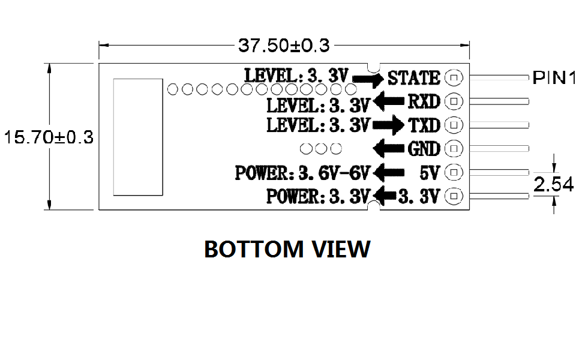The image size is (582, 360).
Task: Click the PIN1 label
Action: [x=554, y=78]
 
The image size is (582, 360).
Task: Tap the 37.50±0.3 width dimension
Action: [x=284, y=46]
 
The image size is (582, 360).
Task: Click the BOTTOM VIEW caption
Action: [x=287, y=249]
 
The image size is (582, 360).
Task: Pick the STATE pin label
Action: [x=414, y=78]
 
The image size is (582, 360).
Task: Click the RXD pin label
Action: [x=424, y=101]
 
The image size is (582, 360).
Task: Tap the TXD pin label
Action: [x=424, y=125]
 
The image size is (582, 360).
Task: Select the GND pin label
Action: [x=424, y=148]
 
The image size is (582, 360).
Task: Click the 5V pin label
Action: [x=430, y=173]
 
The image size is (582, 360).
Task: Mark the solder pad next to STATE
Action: [x=454, y=77]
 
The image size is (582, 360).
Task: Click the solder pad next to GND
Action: [x=454, y=148]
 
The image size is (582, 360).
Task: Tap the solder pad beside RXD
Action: [x=454, y=101]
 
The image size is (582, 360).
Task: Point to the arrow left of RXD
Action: [x=388, y=101]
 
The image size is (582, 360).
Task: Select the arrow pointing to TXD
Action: [x=388, y=125]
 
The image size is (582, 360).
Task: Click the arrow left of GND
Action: [x=388, y=148]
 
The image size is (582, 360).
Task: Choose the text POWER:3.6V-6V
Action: [x=303, y=173]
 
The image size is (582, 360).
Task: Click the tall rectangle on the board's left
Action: [x=138, y=137]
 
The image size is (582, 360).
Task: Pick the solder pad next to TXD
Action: [x=454, y=125]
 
